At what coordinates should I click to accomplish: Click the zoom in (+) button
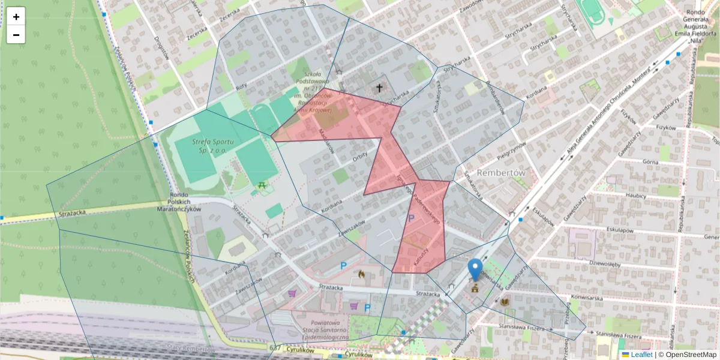tap(16, 17)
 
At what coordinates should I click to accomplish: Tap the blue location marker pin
tap(475, 269)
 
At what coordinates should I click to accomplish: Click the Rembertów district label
tap(501, 172)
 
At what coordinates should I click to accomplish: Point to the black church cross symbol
tap(379, 88)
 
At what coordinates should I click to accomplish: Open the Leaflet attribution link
tap(641, 355)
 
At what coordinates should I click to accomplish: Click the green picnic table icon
tap(262, 186)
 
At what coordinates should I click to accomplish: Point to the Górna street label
tap(650, 162)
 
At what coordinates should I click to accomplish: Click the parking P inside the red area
tap(411, 219)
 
